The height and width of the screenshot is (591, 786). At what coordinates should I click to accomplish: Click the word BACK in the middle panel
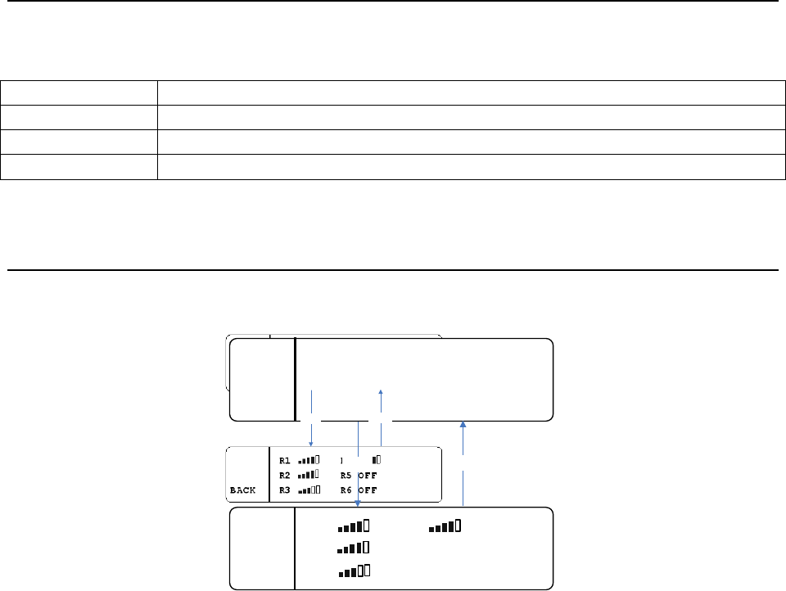242,490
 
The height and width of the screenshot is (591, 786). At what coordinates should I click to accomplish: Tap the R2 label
285,475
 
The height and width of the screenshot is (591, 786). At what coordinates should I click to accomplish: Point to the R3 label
285,490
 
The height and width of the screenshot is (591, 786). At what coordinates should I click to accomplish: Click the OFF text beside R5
367,475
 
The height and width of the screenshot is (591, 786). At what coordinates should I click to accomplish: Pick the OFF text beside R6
367,490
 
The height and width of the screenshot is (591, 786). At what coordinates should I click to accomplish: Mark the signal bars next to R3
309,490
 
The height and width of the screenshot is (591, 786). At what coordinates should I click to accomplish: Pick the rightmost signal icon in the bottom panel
445,526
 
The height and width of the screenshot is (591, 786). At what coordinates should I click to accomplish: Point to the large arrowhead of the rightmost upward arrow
463,424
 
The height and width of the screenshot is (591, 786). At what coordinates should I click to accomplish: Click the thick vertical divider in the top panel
295,379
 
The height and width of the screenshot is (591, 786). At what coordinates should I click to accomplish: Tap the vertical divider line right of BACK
269,475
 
